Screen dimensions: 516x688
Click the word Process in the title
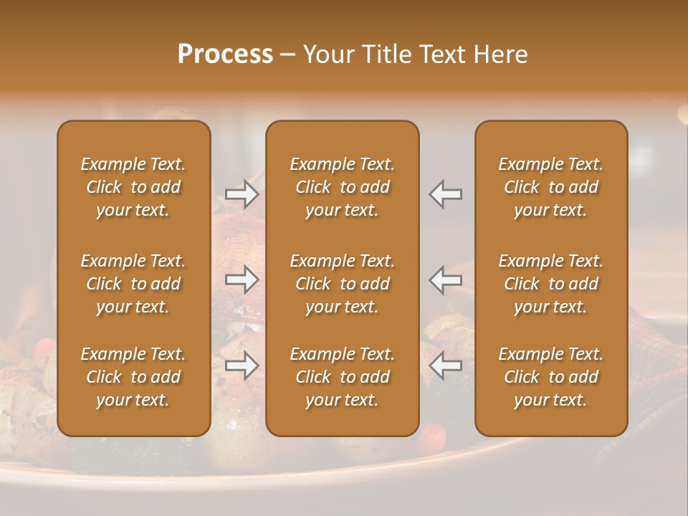225,54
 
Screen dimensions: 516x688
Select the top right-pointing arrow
242,194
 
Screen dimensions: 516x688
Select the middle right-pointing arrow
242,279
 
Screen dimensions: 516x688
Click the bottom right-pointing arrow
242,365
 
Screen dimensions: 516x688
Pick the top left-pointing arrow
446,194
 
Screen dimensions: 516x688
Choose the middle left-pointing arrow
446,279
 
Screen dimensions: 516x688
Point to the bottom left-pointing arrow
446,365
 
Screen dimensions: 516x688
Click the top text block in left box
133,187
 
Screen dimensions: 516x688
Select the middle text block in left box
133,284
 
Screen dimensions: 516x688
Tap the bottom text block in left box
133,377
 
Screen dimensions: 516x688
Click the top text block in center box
343,187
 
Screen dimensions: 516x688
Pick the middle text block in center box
343,284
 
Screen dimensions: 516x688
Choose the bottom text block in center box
343,377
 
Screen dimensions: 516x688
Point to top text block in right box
551,187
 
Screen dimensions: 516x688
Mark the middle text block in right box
551,284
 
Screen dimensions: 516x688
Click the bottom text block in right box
551,377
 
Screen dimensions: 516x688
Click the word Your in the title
326,54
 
